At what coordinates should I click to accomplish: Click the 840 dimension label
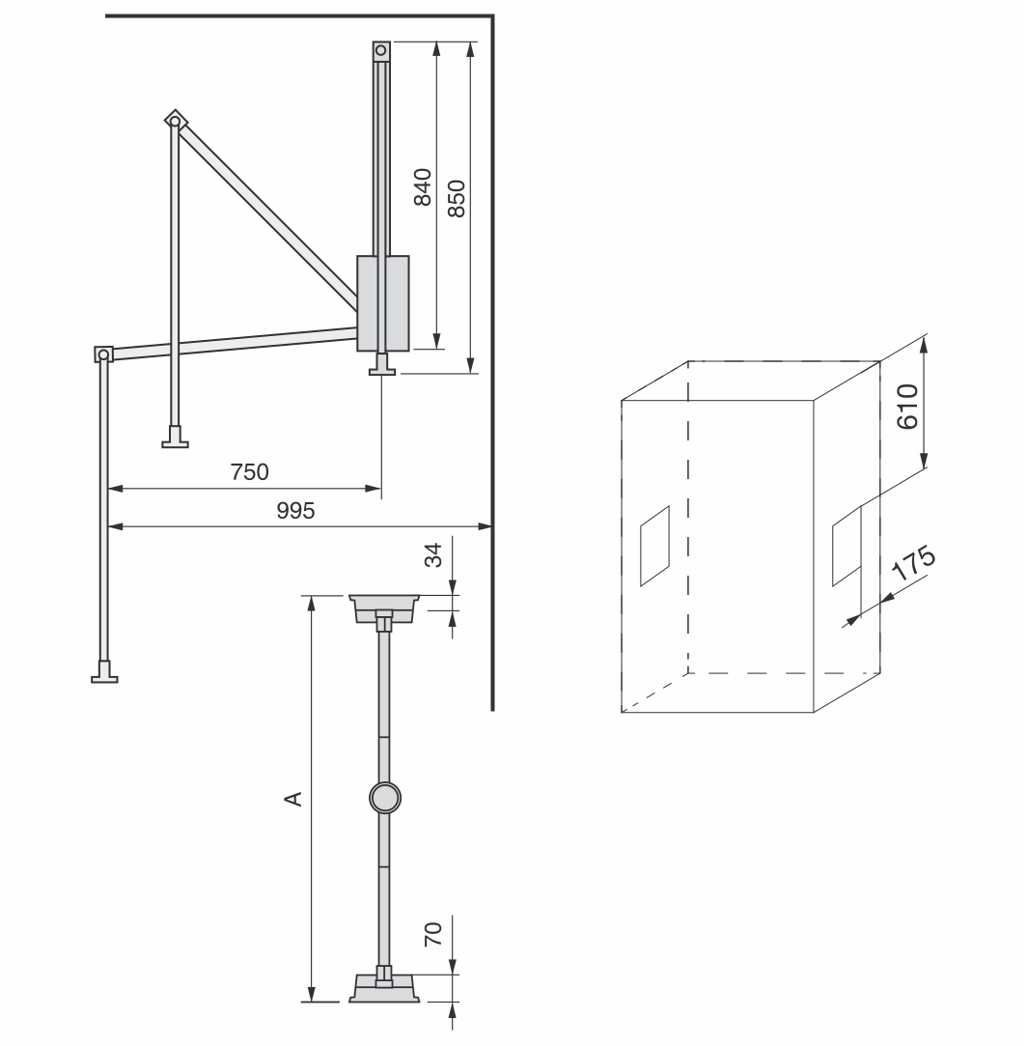422,186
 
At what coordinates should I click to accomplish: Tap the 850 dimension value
457,198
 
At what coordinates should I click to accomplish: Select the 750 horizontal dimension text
249,471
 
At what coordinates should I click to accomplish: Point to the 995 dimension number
295,510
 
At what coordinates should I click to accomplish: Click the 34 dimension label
433,555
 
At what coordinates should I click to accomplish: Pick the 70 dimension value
433,933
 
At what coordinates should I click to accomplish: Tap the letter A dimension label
293,799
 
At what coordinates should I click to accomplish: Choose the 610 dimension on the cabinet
907,407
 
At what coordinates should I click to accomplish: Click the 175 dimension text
914,564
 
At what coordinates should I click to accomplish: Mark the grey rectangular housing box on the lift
383,303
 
